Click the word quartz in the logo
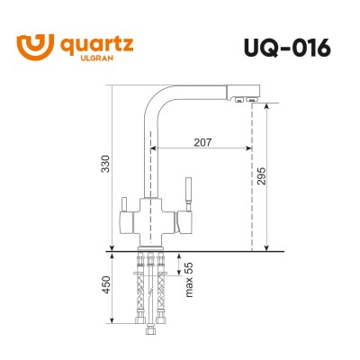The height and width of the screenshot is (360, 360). [x=94, y=40]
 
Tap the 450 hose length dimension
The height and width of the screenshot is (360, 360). [x=105, y=286]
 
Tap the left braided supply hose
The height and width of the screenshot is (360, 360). [x=140, y=292]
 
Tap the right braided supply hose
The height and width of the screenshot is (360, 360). [x=162, y=292]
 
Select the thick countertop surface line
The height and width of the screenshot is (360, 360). [x=189, y=249]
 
